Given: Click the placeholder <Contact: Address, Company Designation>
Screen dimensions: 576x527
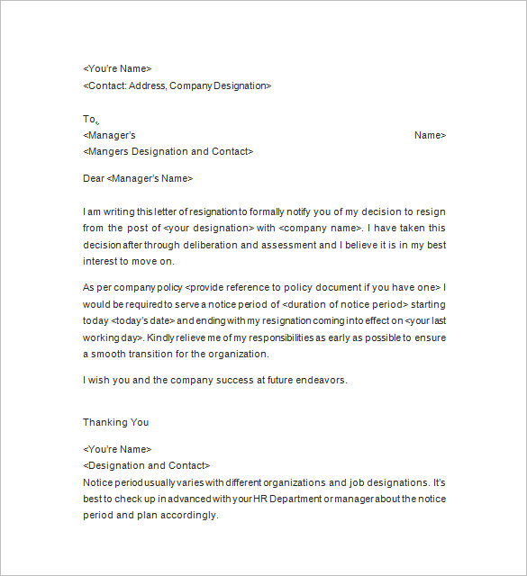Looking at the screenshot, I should click(x=177, y=85).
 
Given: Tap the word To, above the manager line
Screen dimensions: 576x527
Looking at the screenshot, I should click(x=89, y=119).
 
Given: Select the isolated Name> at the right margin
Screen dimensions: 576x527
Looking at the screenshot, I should click(x=430, y=135).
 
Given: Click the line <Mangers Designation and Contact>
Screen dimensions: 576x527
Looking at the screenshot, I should click(x=168, y=151).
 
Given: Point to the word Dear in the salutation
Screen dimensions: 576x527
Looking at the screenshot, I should click(x=94, y=178).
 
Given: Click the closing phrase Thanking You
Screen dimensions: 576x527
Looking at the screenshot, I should click(x=116, y=422).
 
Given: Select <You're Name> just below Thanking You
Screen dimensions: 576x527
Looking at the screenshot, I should click(x=117, y=449).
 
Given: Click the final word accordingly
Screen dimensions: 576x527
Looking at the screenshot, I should click(x=192, y=515).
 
